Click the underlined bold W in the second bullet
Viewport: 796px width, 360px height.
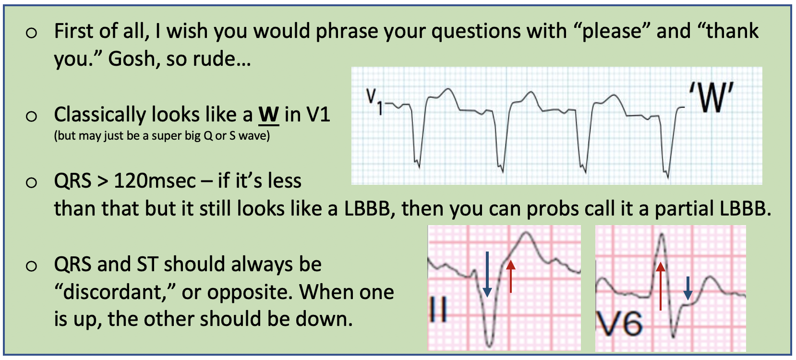pos(269,115)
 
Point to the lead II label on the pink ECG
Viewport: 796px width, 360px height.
pos(438,310)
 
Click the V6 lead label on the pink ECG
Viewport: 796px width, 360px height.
pos(619,324)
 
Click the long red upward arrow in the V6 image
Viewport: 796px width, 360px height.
pos(661,286)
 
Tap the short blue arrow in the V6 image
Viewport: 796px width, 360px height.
pos(687,288)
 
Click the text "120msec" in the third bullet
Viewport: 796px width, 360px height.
pos(155,181)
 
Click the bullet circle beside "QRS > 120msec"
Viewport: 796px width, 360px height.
pos(31,182)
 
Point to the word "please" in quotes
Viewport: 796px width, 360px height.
pos(612,32)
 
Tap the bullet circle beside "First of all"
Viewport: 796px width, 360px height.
pos(31,33)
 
